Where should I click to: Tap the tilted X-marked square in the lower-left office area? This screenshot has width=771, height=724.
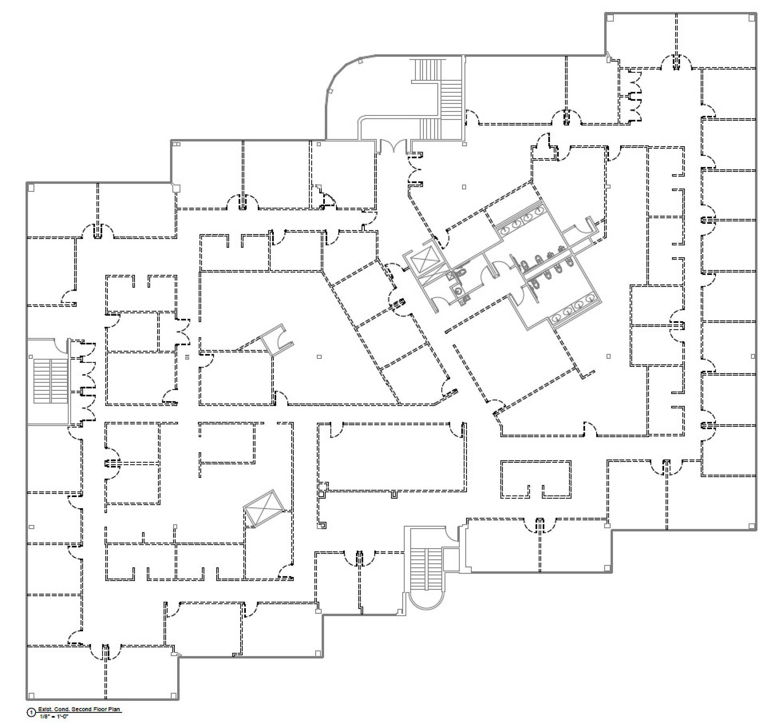pyautogui.click(x=264, y=509)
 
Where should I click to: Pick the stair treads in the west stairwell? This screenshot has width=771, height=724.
pyautogui.click(x=50, y=381)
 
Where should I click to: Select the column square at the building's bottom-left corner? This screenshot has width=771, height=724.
pyautogui.click(x=31, y=696)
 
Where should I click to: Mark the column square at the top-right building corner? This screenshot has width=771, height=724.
pyautogui.click(x=751, y=18)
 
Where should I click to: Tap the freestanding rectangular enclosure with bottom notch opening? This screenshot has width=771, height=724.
pyautogui.click(x=536, y=479)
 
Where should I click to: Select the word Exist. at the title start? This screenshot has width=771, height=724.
pyautogui.click(x=45, y=710)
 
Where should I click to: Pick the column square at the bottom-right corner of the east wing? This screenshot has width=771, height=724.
pyautogui.click(x=751, y=526)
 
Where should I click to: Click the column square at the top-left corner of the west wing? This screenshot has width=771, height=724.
pyautogui.click(x=31, y=188)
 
